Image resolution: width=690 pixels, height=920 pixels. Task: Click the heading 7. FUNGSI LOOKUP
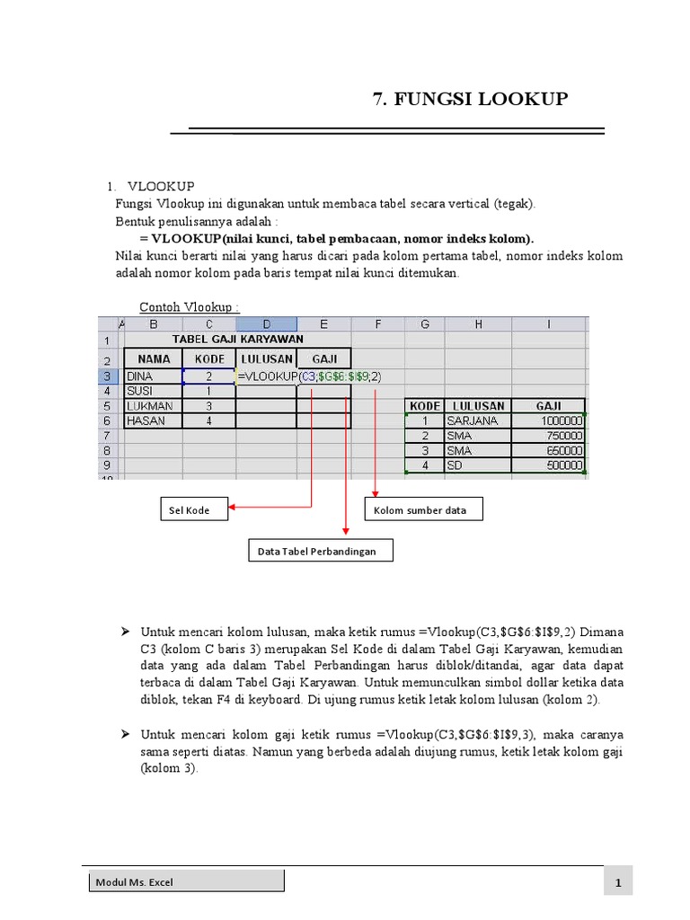click(470, 99)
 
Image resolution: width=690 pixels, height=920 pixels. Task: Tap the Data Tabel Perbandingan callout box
click(320, 551)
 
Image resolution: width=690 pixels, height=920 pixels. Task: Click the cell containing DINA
click(152, 376)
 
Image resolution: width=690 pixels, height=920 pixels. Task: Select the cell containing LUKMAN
click(152, 406)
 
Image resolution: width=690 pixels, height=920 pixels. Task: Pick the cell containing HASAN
click(152, 420)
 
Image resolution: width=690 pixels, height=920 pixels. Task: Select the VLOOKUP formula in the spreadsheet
click(309, 376)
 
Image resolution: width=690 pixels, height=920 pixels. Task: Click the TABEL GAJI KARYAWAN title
click(237, 340)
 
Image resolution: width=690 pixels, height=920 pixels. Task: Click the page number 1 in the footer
click(618, 884)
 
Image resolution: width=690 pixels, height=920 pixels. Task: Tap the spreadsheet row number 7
click(106, 436)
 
